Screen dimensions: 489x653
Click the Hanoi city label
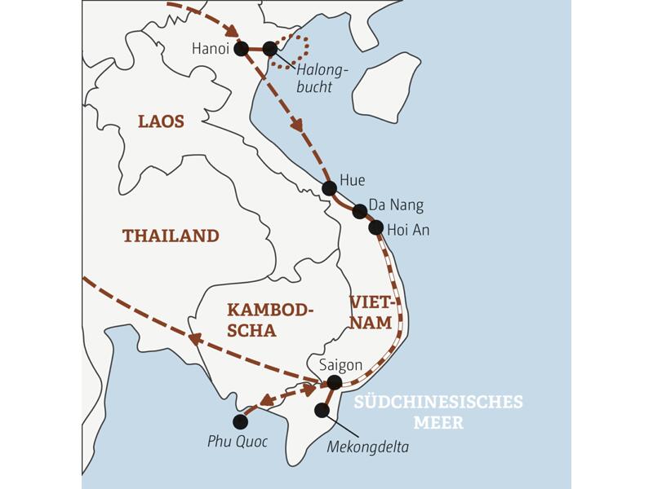210,49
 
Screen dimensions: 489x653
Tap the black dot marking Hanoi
241,49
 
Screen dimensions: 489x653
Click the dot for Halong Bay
270,49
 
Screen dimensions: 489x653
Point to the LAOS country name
161,122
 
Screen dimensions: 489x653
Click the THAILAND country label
171,236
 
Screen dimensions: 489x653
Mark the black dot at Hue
329,188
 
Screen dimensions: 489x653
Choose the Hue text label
352,180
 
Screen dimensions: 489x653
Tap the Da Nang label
396,205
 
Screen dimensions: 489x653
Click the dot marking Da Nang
359,211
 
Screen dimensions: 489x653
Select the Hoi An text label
409,231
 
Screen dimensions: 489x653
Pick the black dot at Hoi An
375,227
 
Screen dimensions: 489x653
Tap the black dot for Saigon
334,382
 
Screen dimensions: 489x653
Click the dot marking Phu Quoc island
240,421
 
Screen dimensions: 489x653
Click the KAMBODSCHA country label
269,320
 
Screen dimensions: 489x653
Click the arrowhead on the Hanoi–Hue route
297,126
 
